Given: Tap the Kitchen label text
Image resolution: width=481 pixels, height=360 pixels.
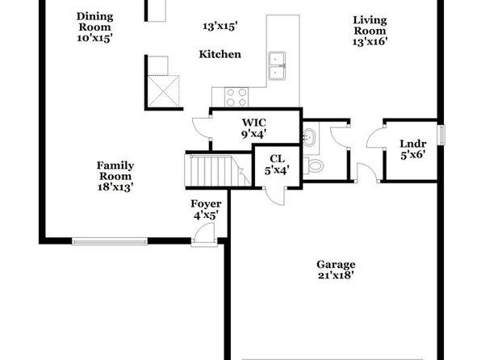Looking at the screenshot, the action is coord(220,54).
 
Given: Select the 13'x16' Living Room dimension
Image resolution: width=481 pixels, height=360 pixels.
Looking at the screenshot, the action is coord(370,41).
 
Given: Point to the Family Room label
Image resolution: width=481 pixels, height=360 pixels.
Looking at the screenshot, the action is coord(115,171).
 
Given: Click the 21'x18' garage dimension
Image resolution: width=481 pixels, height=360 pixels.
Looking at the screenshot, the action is coord(336,275).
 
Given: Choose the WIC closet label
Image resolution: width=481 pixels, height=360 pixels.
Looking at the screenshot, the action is coord(254,123).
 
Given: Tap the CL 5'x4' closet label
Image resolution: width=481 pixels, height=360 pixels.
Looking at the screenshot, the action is coord(277,165).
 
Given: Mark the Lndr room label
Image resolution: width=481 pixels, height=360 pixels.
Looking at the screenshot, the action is coord(413,144).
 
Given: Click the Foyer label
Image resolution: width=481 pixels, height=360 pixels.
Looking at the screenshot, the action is coord(206,203).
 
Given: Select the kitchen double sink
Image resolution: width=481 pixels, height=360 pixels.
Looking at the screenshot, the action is coord(277,65).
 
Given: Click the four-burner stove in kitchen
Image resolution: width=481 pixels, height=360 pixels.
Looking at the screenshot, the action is coord(236,97).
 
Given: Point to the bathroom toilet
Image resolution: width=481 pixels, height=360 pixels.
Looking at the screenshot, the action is coord(313,165).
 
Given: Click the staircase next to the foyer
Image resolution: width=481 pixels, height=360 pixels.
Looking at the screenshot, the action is coord(217,170).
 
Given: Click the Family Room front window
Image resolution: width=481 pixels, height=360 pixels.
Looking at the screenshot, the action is coord(110,241).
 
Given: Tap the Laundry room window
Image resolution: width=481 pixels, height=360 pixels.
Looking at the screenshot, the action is coord(441,135).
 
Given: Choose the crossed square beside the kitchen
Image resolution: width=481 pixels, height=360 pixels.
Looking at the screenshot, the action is coord(164,91).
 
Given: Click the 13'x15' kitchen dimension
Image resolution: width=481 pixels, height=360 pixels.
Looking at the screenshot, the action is coord(220,27).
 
